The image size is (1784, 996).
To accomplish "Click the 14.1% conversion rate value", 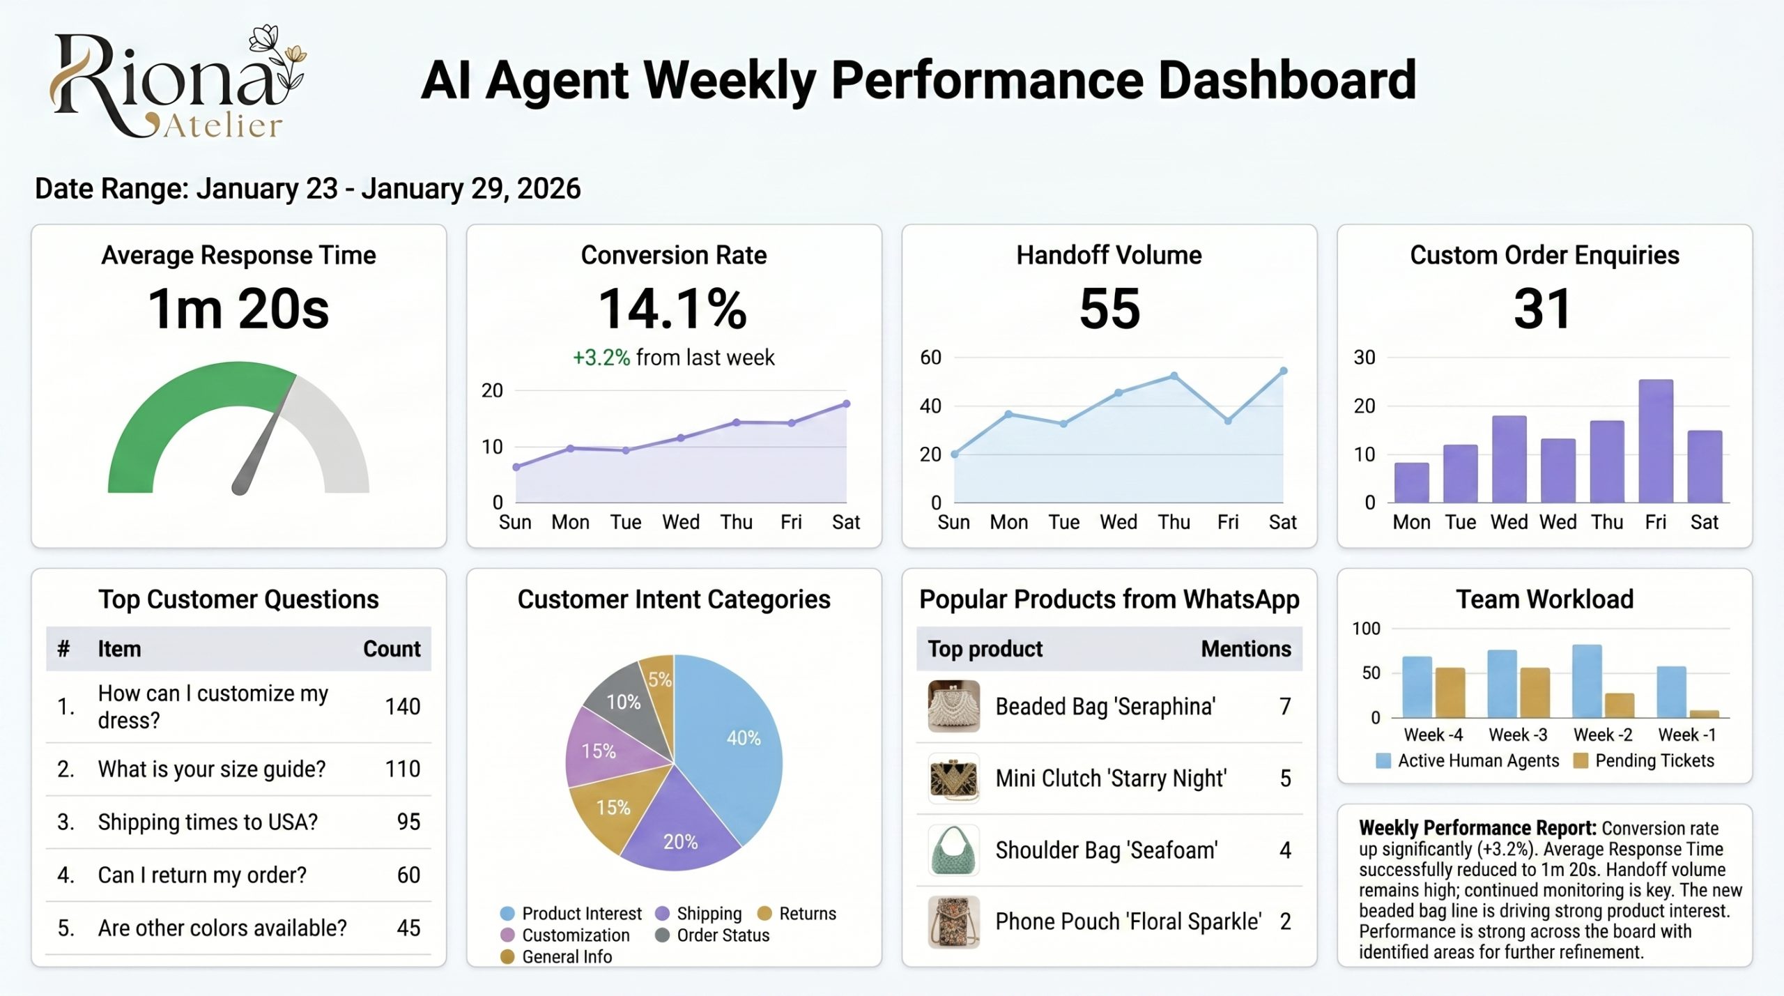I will (673, 309).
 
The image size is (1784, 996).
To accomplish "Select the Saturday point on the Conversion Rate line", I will (846, 404).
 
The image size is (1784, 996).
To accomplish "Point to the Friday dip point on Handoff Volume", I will (1228, 420).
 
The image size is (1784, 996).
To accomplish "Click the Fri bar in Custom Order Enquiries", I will (1655, 440).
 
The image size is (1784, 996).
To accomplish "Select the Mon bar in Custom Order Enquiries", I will (1411, 482).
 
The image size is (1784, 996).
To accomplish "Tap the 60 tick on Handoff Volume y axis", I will (930, 358).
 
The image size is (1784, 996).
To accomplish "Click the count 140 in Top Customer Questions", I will (402, 706).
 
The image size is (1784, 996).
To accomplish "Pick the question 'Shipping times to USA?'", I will (208, 822).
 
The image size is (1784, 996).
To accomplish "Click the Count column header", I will (392, 649).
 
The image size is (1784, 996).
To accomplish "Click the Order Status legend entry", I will (722, 935).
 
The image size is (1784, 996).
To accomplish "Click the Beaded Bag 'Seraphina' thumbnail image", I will (953, 706).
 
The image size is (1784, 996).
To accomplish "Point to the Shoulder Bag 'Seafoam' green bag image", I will (953, 850).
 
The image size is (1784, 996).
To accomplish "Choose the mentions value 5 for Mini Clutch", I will (1285, 778).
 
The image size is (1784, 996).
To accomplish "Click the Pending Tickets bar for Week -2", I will (1619, 705).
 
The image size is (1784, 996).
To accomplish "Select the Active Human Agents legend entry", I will (1477, 760).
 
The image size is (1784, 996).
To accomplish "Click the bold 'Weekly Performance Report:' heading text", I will (1477, 828).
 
